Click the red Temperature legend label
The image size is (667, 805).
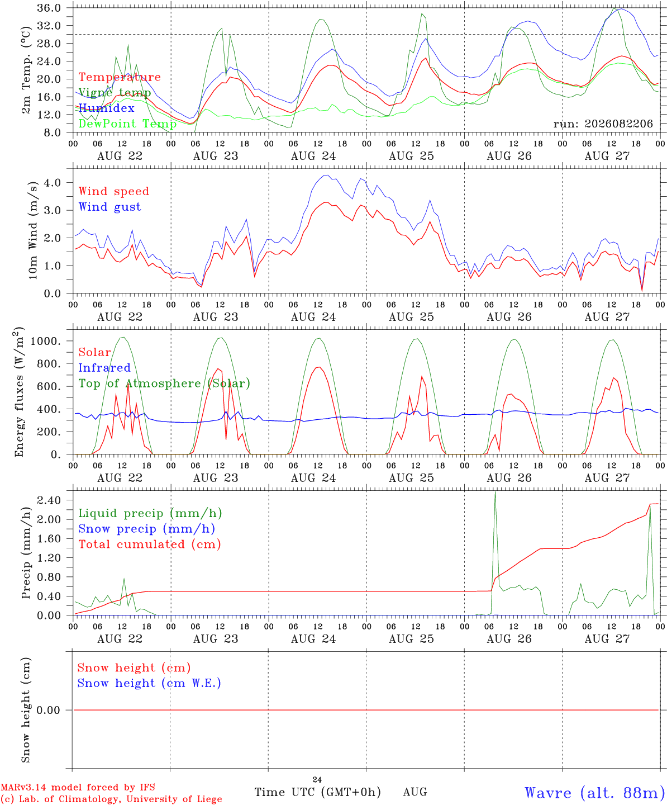[120, 77]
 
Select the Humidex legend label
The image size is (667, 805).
[106, 108]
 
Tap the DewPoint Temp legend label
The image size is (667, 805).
[127, 124]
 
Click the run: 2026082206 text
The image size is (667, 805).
[603, 124]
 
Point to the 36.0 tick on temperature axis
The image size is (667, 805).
[49, 8]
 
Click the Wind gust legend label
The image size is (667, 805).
[110, 207]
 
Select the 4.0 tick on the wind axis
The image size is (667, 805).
[52, 182]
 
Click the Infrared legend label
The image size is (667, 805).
[104, 368]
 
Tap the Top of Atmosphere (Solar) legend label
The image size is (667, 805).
[165, 383]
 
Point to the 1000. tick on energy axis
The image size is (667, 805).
[45, 341]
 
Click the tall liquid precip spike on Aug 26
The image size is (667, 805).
[495, 493]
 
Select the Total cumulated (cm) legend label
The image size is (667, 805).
[150, 544]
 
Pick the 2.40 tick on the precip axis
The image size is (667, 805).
[49, 500]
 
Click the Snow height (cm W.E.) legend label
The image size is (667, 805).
[149, 683]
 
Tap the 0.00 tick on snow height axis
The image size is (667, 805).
[49, 710]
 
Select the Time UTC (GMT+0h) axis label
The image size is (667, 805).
[317, 792]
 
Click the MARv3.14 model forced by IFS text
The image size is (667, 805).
[78, 787]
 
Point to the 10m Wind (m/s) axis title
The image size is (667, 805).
[32, 230]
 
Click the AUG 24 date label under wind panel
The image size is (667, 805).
[313, 317]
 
